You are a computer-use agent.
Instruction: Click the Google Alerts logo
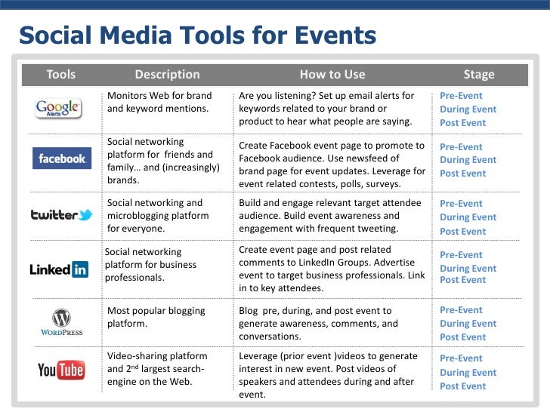pos(58,109)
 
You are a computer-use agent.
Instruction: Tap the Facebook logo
pos(62,159)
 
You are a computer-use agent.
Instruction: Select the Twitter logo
pos(61,215)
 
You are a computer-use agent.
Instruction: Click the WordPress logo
pos(60,323)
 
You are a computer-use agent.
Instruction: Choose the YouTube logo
pos(60,370)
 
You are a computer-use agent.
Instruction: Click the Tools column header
pos(61,74)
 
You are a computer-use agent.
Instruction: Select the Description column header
pos(167,74)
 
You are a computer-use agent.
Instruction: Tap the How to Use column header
pos(332,74)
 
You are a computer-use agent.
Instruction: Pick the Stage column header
pos(479,74)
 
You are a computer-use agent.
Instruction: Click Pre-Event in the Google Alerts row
pos(461,96)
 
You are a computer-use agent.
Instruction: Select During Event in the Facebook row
pos(468,160)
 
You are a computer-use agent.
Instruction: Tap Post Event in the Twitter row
pos(462,232)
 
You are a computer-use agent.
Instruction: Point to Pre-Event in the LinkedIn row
pos(461,255)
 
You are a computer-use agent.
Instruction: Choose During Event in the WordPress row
pos(468,324)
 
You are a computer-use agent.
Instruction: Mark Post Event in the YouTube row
pos(462,386)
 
